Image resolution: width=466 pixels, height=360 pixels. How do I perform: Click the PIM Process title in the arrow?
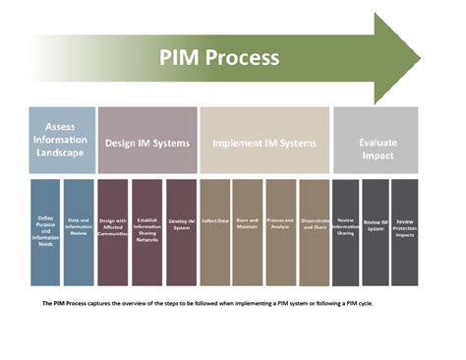coord(219,56)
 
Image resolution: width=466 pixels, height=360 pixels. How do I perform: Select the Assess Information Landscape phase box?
coord(61,141)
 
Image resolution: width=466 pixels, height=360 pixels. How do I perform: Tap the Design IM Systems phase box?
coord(147,141)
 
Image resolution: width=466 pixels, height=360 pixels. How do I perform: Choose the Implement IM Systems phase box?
coord(264,141)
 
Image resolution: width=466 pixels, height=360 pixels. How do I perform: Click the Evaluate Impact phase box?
coord(376,141)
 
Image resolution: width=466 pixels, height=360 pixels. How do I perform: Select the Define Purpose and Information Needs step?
coord(45,231)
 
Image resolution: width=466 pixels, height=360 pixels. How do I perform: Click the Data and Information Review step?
coord(79,231)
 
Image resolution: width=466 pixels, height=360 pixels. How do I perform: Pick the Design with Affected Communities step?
coord(113,231)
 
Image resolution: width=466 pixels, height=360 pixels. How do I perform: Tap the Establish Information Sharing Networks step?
coord(146,231)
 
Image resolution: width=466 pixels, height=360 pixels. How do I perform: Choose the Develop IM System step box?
coord(181,231)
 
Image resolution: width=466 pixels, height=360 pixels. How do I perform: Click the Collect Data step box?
coord(214,231)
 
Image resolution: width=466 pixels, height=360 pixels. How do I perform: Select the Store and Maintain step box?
coord(248,231)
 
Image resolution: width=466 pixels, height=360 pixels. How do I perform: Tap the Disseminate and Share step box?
coord(314,231)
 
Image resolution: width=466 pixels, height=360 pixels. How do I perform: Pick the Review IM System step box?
coord(376,231)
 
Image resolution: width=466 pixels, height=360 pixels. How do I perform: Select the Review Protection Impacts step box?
coord(405,231)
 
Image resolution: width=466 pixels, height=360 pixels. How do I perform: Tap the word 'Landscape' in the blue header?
coord(61,153)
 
